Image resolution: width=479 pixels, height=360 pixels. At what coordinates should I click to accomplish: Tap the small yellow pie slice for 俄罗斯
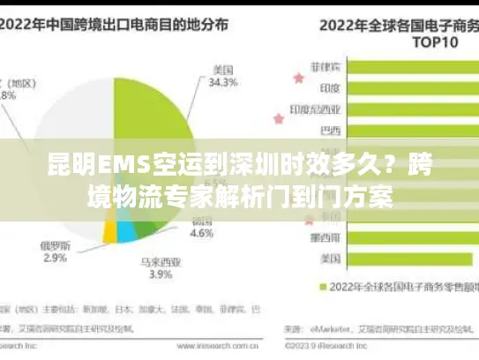(110, 231)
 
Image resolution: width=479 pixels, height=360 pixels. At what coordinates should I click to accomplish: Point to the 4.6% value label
(202, 235)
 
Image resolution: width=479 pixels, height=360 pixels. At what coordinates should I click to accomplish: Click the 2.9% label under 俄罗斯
(54, 258)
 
